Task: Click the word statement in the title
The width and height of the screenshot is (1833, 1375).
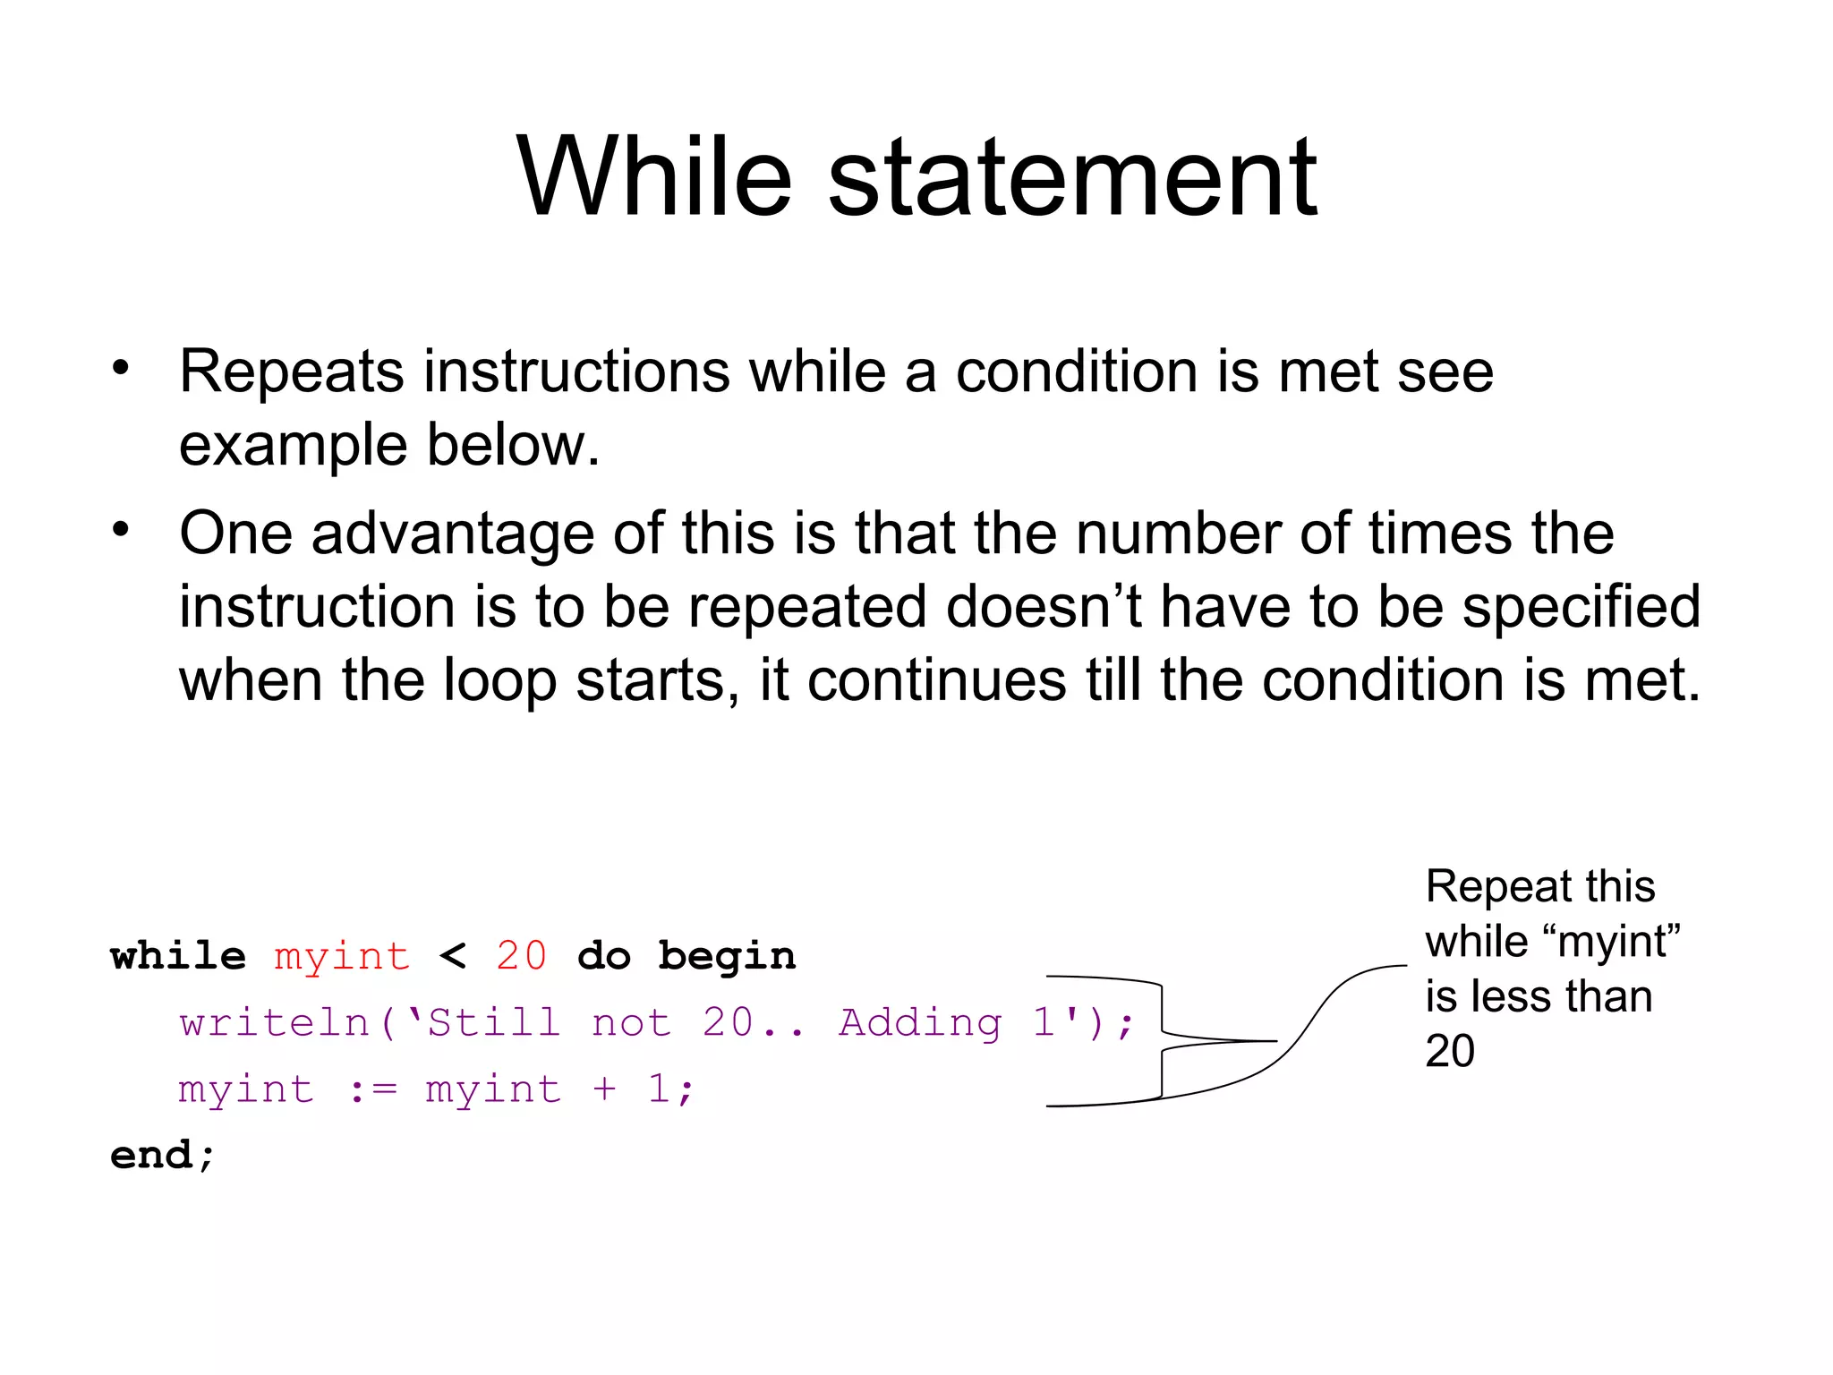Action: pyautogui.click(x=1072, y=177)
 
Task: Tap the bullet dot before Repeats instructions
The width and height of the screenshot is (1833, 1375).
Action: pyautogui.click(x=121, y=367)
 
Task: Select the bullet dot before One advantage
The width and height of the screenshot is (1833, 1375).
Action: pyautogui.click(x=121, y=529)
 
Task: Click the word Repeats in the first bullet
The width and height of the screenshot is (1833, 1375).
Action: pyautogui.click(x=291, y=372)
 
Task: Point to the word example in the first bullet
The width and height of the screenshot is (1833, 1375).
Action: pyautogui.click(x=293, y=446)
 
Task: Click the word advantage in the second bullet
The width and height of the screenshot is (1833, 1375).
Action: pyautogui.click(x=452, y=534)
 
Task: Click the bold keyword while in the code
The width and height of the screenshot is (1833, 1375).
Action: pyautogui.click(x=178, y=956)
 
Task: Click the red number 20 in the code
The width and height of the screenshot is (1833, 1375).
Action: pyautogui.click(x=521, y=956)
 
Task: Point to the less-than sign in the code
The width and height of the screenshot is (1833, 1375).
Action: pyautogui.click(x=453, y=957)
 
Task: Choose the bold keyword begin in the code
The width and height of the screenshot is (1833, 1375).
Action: pyautogui.click(x=727, y=956)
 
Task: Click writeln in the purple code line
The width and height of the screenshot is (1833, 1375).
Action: pyautogui.click(x=275, y=1022)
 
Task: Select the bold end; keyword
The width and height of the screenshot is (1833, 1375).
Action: pyautogui.click(x=162, y=1155)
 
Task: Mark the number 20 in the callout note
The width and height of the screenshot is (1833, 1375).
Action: pyautogui.click(x=1450, y=1051)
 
